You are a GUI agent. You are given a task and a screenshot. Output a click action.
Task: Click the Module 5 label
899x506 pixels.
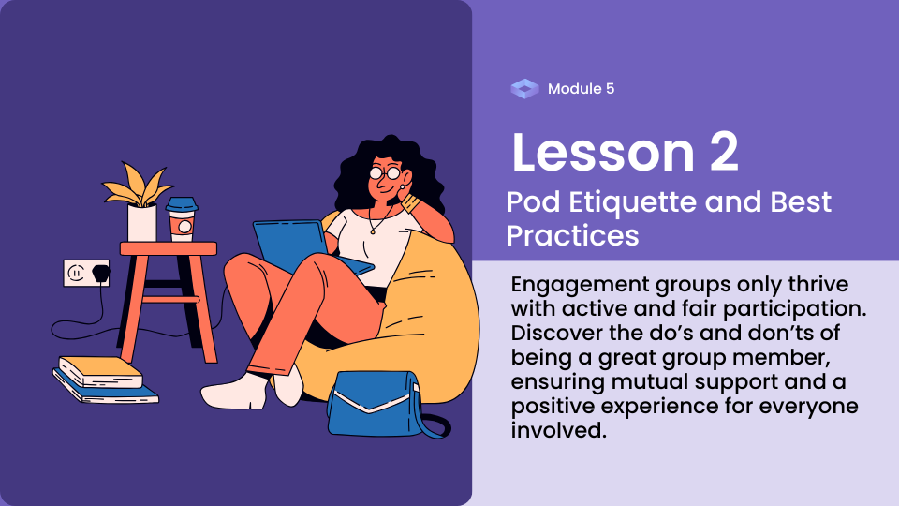coord(581,89)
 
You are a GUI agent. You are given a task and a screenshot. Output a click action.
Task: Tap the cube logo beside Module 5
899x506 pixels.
coord(524,89)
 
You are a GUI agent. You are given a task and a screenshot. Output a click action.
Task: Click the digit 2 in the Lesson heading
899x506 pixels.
coord(724,152)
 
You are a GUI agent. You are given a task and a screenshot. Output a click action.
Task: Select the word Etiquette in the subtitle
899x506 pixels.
coord(632,202)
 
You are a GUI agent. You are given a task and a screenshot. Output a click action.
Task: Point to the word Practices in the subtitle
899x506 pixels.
coord(572,236)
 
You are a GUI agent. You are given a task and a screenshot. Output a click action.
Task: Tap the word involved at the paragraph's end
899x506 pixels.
coord(558,430)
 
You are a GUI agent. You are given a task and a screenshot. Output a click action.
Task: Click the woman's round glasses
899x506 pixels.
coord(385,172)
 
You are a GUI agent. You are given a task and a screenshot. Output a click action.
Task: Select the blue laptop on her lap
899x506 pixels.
coord(303,246)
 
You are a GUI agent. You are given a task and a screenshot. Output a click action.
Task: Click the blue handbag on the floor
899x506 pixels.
coord(381,404)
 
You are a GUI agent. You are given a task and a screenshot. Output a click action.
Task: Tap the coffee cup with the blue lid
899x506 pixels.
coord(182,219)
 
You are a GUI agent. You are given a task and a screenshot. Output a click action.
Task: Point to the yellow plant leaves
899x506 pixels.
coord(138,185)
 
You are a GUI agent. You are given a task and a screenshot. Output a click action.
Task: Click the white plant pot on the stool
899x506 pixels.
coord(141,223)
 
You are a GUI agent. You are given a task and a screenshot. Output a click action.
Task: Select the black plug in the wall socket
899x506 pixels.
coord(101,273)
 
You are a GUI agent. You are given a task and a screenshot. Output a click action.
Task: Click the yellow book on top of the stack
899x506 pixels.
coord(101,372)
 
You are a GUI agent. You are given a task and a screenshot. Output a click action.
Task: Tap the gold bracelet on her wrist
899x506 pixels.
coord(410,202)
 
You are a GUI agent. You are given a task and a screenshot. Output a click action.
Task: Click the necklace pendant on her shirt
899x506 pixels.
coord(372,231)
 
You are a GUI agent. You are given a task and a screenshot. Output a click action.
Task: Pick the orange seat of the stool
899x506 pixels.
coord(169,248)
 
